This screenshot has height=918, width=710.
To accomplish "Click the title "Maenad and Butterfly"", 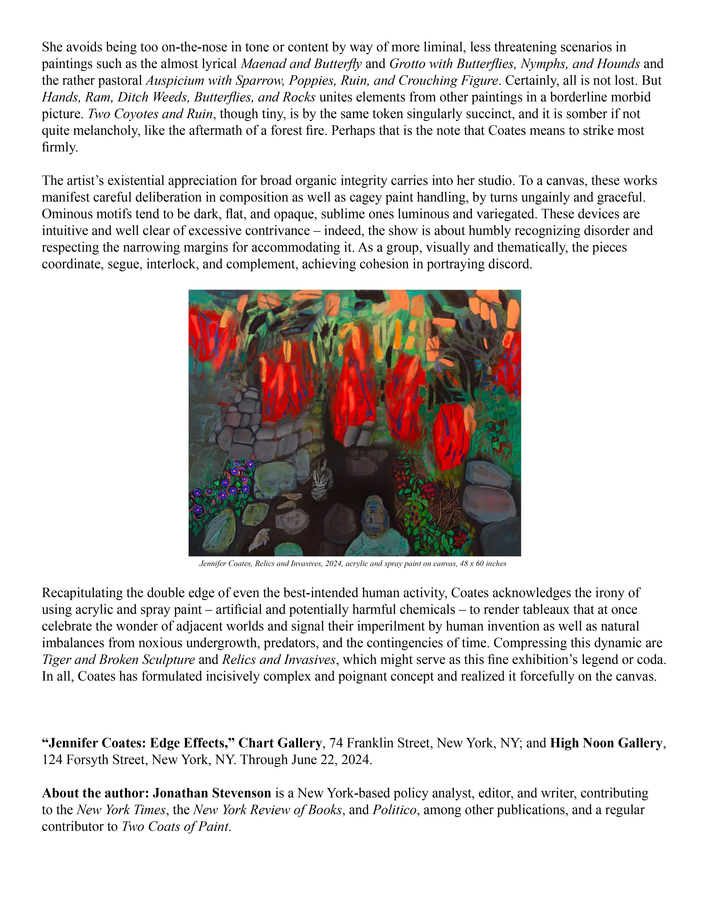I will (301, 64).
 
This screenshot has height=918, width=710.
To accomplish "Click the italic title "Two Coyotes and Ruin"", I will (150, 114).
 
